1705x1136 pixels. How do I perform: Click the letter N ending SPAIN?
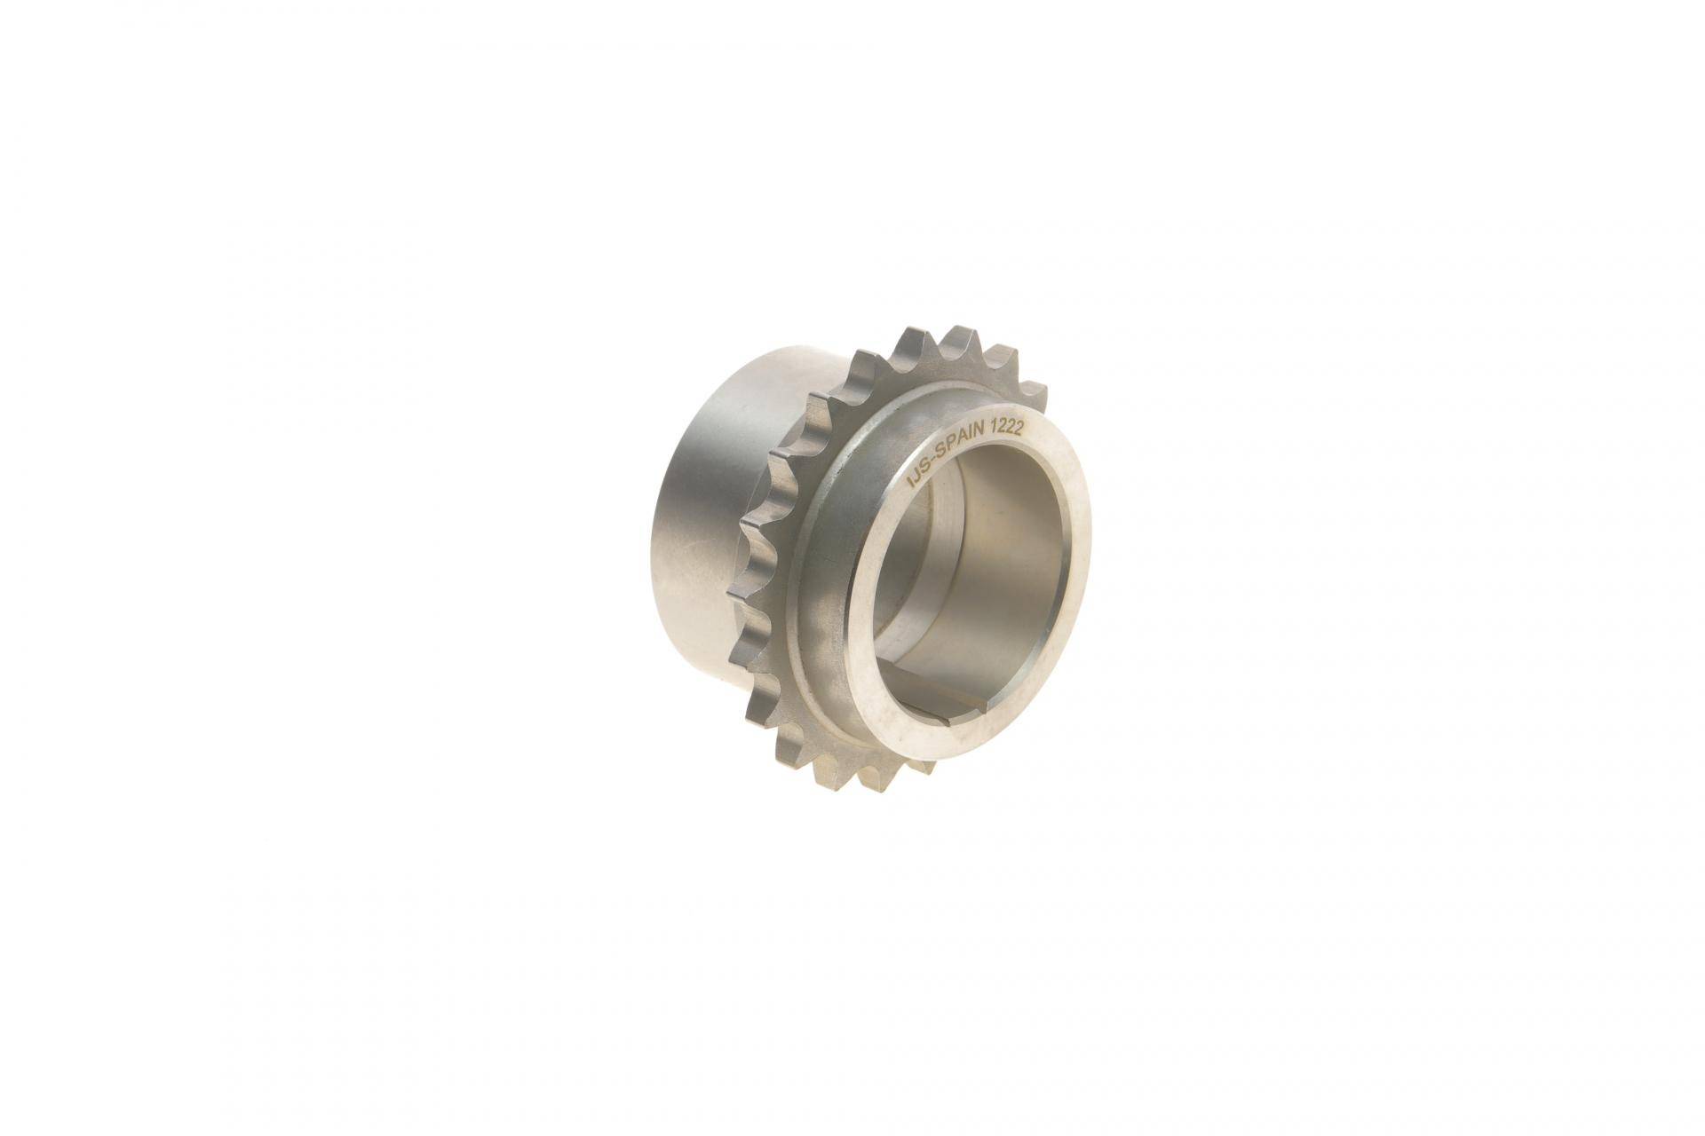click(x=990, y=438)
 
